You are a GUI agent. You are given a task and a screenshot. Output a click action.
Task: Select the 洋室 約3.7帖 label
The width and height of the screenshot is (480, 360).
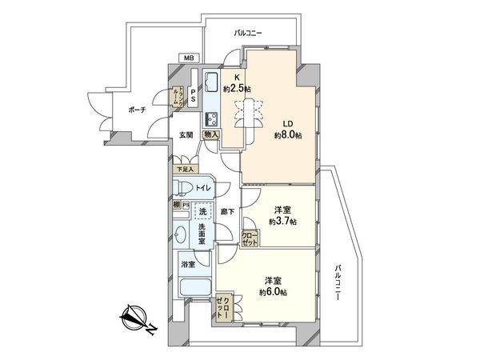pos(282,215)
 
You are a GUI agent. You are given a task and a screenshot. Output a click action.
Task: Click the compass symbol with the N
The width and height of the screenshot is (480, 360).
pos(133,320)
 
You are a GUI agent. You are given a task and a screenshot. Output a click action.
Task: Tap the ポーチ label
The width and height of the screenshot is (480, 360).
pos(137,111)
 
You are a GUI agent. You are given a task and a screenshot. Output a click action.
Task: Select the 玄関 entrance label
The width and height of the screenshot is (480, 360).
pos(186,134)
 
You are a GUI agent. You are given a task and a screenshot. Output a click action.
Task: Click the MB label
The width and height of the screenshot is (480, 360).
pos(189,58)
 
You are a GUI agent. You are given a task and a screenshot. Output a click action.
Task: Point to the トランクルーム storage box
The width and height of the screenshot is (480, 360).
pos(181,96)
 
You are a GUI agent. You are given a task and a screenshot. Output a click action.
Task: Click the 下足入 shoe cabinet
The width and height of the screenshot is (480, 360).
pos(185,169)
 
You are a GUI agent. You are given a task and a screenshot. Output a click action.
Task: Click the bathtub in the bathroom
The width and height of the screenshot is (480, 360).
pos(195,289)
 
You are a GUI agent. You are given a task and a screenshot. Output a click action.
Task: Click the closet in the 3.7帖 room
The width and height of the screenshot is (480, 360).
pos(251,238)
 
